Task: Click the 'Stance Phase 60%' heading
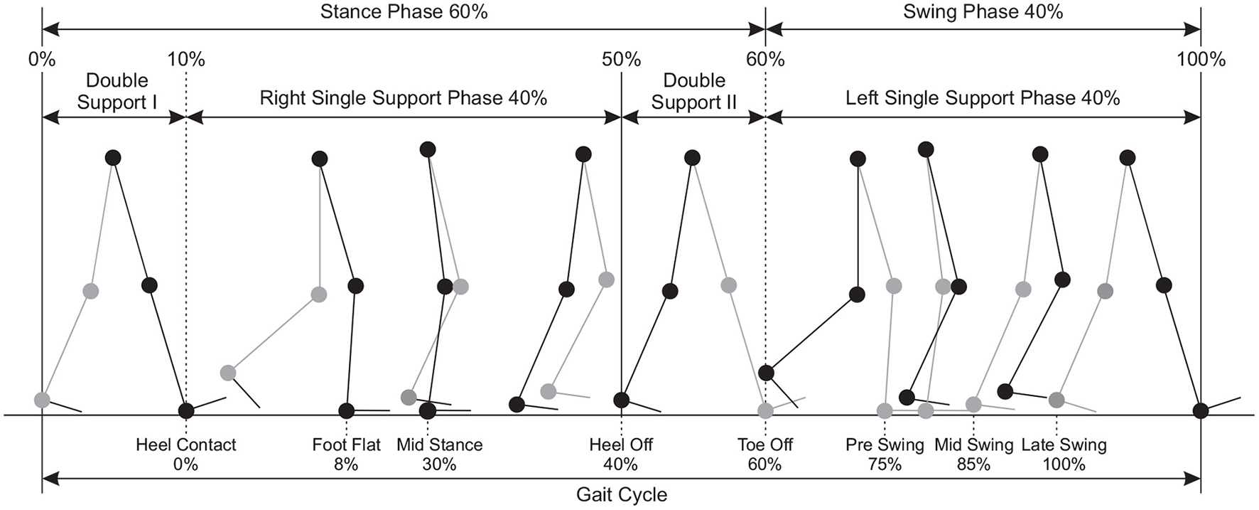coord(404,11)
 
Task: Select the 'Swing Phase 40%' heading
coord(983,11)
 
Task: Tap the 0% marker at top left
coord(42,59)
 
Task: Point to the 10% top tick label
coord(186,59)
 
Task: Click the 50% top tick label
coord(621,59)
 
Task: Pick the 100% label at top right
coord(1201,59)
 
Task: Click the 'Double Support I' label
coord(117,91)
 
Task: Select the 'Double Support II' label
coord(694,91)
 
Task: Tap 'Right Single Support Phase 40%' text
coord(403,98)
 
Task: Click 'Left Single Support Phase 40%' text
coord(983,98)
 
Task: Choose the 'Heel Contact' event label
coord(186,445)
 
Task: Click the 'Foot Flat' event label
coord(346,445)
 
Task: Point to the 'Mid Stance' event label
coord(439,445)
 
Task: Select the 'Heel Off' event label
coord(621,445)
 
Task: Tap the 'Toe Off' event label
coord(765,445)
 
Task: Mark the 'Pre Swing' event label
coord(885,445)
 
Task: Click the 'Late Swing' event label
coord(1064,445)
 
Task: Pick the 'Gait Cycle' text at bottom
coord(621,494)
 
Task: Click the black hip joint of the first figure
coord(113,157)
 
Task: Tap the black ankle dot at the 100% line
coord(1201,410)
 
